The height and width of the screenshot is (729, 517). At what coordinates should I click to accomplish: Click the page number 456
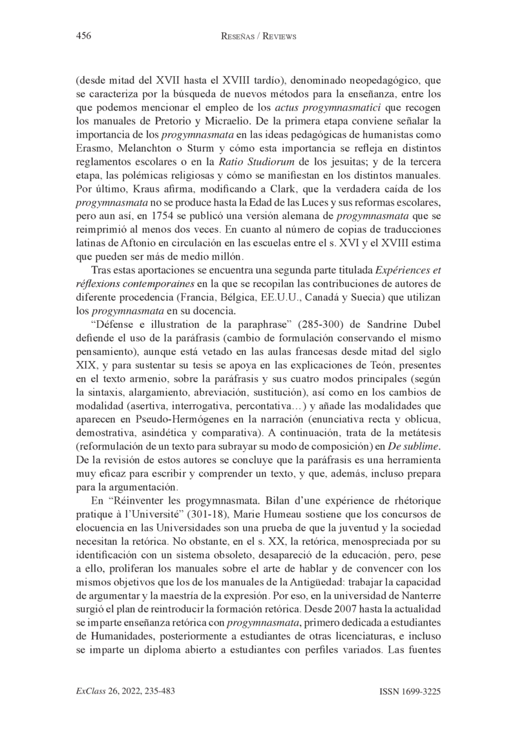point(83,36)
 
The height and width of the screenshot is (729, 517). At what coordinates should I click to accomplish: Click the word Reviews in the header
point(276,37)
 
